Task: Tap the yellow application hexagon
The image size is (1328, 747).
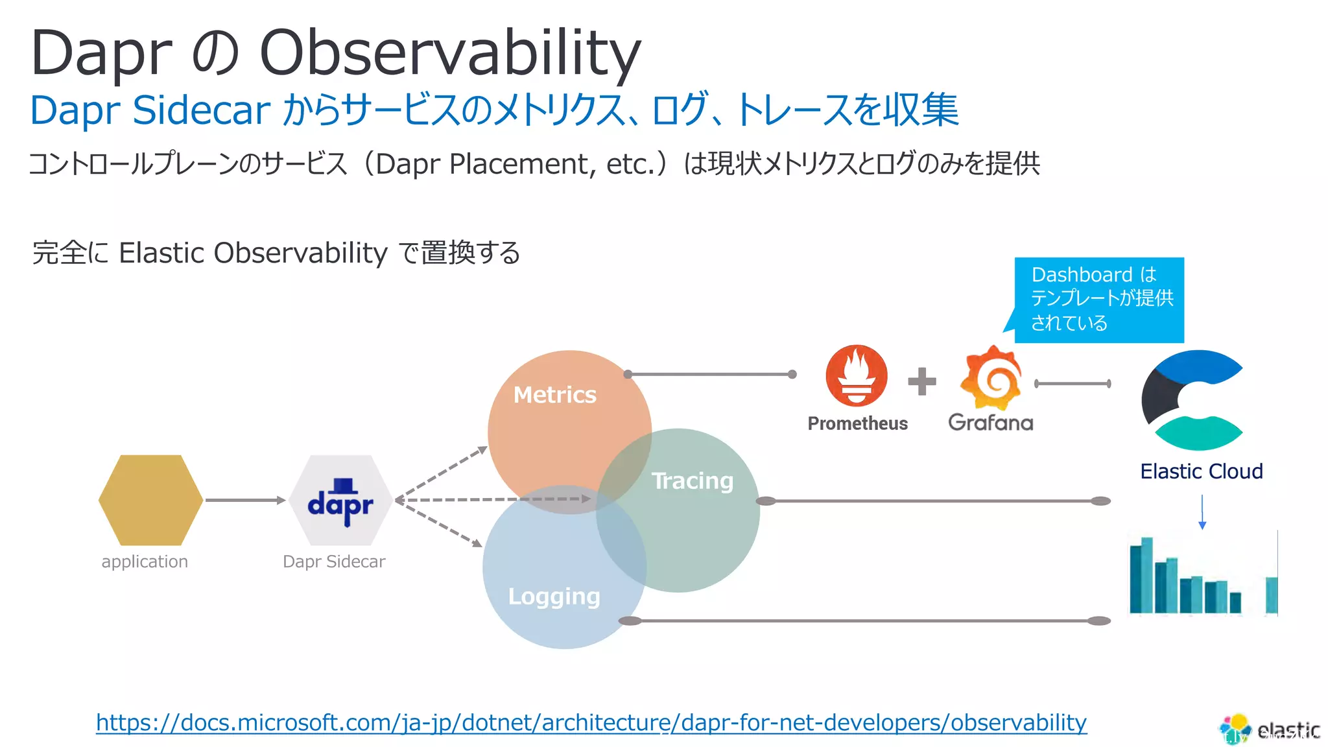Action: [150, 500]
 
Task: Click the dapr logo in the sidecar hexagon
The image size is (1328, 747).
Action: [340, 501]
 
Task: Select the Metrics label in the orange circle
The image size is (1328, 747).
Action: [554, 395]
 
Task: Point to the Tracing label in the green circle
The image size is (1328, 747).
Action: [692, 480]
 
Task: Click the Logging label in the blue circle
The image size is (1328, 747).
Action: [554, 596]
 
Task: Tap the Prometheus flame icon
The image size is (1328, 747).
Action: [856, 376]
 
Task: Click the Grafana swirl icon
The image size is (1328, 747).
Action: [991, 378]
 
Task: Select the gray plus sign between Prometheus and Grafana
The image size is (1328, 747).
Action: [921, 381]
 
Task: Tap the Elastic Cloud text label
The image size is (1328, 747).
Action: [1201, 471]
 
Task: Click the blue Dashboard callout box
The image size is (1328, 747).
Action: [1099, 300]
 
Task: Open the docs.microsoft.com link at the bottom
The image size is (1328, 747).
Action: [591, 722]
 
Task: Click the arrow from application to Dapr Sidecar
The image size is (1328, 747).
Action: [245, 500]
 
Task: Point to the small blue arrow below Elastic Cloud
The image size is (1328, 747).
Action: [1202, 512]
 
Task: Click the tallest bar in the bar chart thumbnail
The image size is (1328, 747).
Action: [1146, 575]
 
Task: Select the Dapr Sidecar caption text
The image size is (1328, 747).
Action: [333, 562]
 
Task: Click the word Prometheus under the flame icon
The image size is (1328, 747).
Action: [857, 423]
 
